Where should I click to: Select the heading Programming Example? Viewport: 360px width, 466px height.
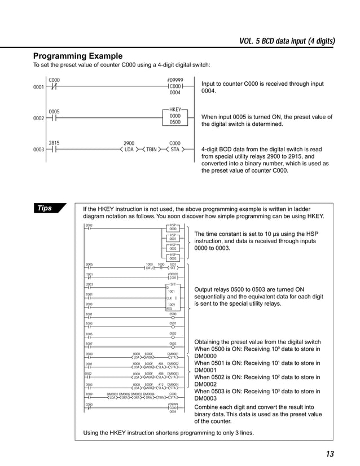tap(78, 56)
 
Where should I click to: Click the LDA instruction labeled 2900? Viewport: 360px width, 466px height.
tap(129, 150)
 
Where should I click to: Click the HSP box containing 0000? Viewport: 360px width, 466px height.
tap(173, 228)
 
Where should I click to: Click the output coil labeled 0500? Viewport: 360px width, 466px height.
tap(173, 316)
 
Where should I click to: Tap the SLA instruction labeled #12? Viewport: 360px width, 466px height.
tap(160, 388)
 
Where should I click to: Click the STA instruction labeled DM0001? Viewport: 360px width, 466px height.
tap(173, 357)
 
